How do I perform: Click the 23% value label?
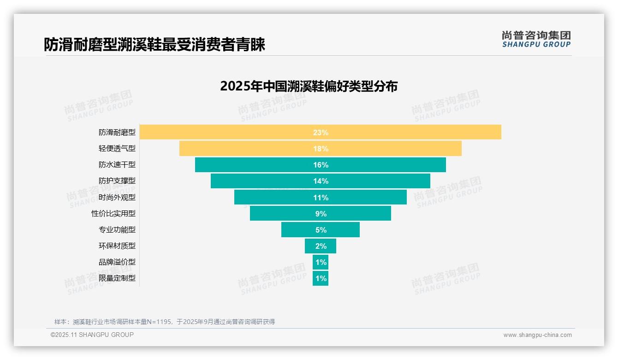tap(321, 132)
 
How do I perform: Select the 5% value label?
tap(321, 230)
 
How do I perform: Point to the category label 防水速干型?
tap(117, 165)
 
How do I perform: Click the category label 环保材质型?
tap(117, 246)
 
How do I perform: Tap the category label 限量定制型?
tap(117, 278)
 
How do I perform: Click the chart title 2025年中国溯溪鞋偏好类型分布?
tap(309, 86)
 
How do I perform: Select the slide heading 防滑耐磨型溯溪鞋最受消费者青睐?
tap(154, 44)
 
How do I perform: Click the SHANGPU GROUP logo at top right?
tap(536, 39)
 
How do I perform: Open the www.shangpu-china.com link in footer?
tap(537, 335)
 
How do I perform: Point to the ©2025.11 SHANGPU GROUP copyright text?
tap(92, 335)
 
